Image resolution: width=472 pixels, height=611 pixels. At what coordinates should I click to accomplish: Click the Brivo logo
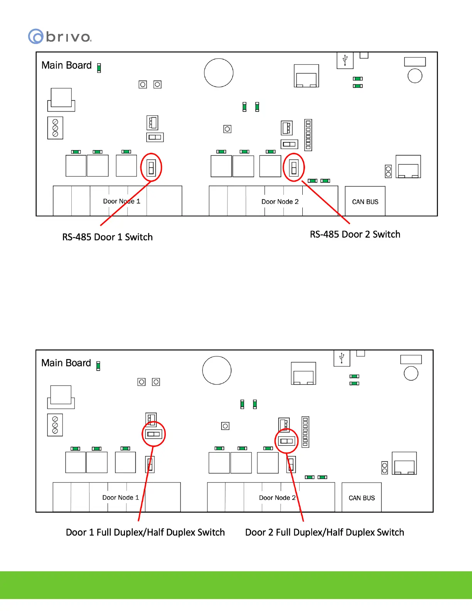(x=60, y=37)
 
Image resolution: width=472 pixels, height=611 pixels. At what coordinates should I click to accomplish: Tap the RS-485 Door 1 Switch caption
(x=107, y=237)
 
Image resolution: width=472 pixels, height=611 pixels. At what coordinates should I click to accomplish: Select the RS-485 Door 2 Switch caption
(x=355, y=234)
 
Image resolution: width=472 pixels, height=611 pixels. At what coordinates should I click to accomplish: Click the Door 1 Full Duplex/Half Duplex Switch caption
(x=145, y=532)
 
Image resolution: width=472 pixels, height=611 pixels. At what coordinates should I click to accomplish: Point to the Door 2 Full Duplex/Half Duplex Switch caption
(x=324, y=532)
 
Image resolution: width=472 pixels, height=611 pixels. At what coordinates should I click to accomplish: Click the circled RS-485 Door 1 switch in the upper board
(x=151, y=167)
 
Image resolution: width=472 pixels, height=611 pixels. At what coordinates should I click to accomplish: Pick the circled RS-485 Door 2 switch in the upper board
(x=294, y=167)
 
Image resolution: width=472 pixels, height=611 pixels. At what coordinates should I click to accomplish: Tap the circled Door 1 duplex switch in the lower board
(x=153, y=434)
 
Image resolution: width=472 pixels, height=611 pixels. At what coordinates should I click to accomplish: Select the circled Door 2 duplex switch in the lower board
(x=287, y=441)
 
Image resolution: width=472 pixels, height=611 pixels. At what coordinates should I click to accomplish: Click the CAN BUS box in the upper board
(x=365, y=201)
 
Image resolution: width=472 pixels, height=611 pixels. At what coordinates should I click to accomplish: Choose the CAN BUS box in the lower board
(x=362, y=498)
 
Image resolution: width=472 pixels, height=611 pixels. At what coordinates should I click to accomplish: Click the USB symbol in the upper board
(x=345, y=60)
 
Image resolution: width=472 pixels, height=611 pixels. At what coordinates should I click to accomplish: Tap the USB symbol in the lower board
(x=342, y=358)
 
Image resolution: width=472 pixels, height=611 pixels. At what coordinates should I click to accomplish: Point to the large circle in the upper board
(x=219, y=73)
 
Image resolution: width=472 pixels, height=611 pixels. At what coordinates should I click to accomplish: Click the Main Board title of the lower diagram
(x=66, y=363)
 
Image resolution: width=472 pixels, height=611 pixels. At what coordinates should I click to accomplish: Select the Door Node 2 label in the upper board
(x=280, y=201)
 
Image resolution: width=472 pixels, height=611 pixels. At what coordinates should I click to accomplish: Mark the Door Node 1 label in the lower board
(x=120, y=498)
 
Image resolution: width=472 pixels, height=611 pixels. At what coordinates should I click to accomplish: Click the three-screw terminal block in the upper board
(x=55, y=128)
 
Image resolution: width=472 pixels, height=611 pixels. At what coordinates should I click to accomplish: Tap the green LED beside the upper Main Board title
(x=99, y=68)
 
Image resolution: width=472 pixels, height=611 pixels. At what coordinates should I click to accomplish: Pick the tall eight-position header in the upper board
(x=308, y=135)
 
